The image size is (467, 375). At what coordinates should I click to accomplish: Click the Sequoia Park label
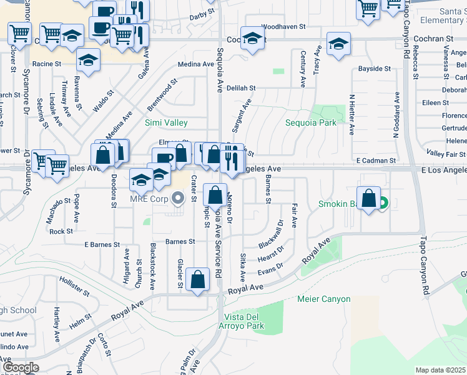click(x=311, y=122)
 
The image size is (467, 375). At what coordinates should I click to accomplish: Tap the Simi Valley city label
click(x=167, y=122)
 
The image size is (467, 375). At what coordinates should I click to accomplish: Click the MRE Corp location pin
click(x=179, y=200)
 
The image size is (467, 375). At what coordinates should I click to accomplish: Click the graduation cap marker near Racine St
click(x=89, y=60)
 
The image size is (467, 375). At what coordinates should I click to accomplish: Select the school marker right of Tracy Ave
click(x=338, y=44)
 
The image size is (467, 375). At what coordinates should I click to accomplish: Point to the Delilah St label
click(x=241, y=89)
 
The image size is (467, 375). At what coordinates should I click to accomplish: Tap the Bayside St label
click(x=374, y=68)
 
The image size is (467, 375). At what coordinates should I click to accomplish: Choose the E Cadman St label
click(x=376, y=161)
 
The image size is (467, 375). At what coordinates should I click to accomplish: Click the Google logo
click(x=21, y=367)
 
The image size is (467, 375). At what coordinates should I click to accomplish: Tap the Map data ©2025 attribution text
click(x=440, y=370)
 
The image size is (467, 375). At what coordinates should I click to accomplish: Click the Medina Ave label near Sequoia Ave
click(x=196, y=64)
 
